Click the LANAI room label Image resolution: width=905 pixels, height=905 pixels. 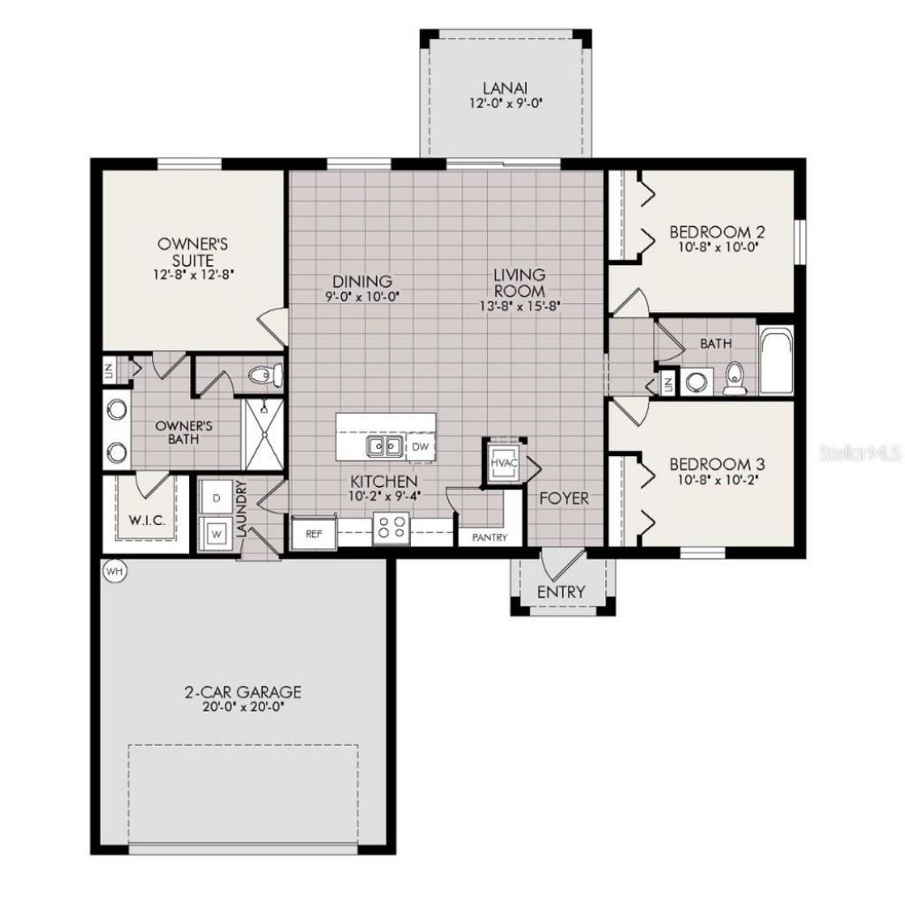(506, 87)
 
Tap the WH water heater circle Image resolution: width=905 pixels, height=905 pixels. (114, 571)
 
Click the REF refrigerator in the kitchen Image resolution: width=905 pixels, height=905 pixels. (313, 534)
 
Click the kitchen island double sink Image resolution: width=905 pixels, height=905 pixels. (384, 446)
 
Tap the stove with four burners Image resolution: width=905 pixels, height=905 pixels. (391, 529)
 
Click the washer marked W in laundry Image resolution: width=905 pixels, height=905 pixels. (217, 532)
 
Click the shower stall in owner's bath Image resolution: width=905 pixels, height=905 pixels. (262, 435)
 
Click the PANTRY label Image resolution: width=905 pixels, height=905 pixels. (489, 537)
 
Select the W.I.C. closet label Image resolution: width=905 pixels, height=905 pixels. (148, 521)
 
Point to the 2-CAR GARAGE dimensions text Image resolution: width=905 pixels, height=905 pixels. (242, 706)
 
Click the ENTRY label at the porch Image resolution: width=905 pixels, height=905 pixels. (561, 591)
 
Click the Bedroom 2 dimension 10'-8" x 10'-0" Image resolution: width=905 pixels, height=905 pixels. (717, 247)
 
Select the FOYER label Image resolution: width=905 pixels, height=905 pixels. (564, 498)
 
